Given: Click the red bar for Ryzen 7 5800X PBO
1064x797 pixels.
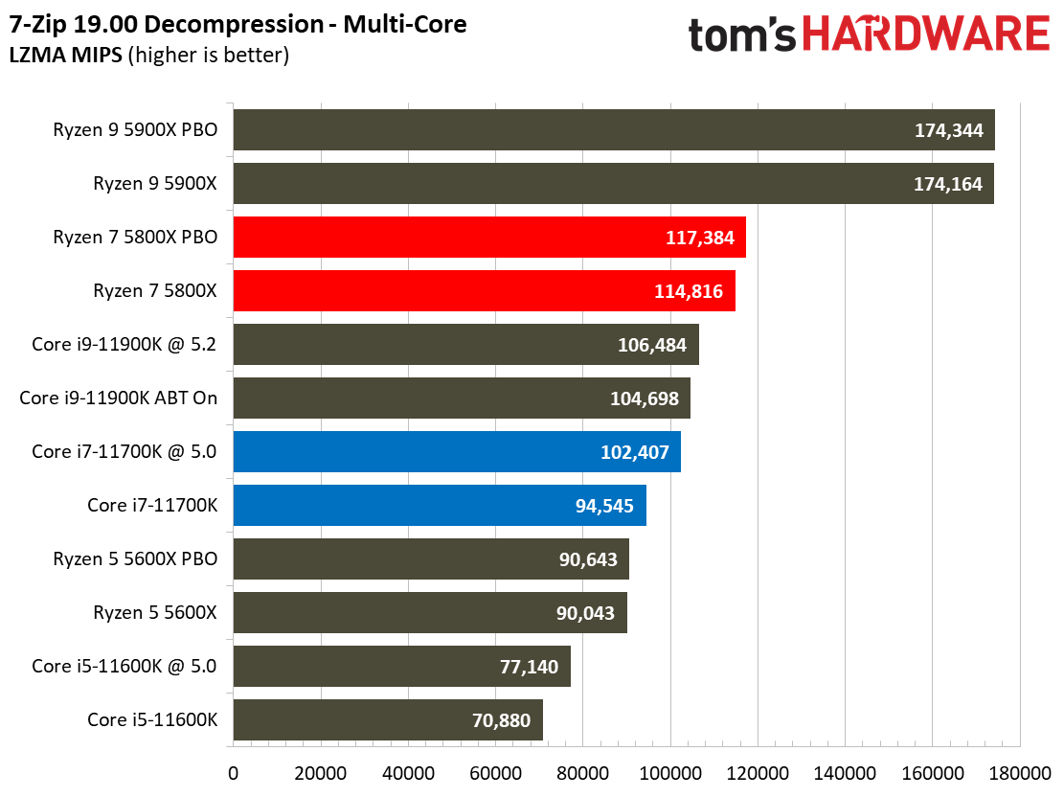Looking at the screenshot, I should tap(488, 238).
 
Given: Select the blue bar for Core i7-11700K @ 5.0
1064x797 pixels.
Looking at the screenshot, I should tap(456, 452).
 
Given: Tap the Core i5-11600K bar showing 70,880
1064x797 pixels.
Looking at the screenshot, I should tap(387, 719).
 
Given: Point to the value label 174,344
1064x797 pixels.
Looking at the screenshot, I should tap(948, 130).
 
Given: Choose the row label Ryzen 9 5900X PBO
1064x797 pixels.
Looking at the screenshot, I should tap(135, 130).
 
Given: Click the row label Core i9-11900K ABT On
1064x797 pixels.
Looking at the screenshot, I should tap(119, 398).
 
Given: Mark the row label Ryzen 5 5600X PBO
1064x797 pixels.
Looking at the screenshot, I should tap(135, 559).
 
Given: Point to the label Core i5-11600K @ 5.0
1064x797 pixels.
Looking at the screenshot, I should tap(125, 666).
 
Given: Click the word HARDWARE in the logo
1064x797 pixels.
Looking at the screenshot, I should tap(926, 35).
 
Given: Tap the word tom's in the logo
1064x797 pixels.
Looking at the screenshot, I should tap(741, 35).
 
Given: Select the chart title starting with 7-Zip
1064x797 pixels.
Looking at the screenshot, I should tap(238, 25).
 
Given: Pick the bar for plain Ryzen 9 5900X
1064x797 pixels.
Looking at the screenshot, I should tap(613, 184).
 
